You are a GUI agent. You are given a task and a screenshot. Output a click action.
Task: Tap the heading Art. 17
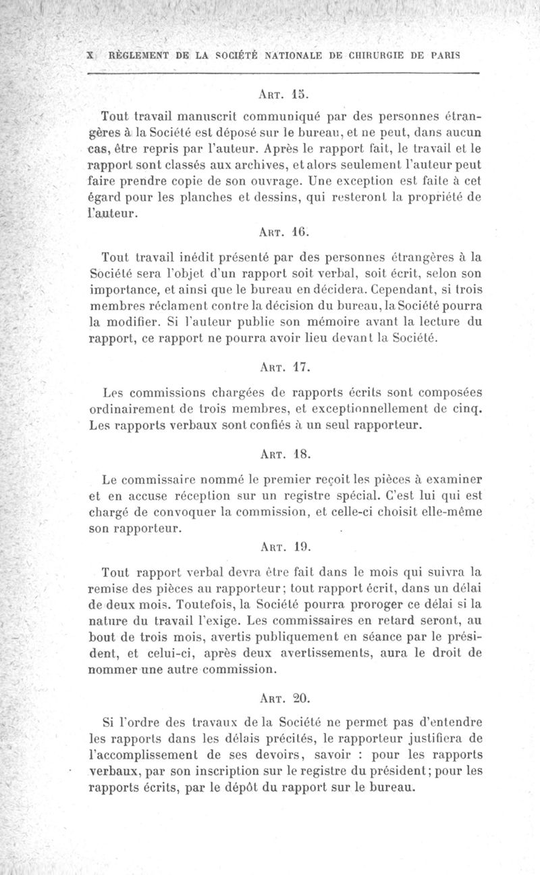tap(283, 368)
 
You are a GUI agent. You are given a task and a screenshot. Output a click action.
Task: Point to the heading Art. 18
tap(283, 456)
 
